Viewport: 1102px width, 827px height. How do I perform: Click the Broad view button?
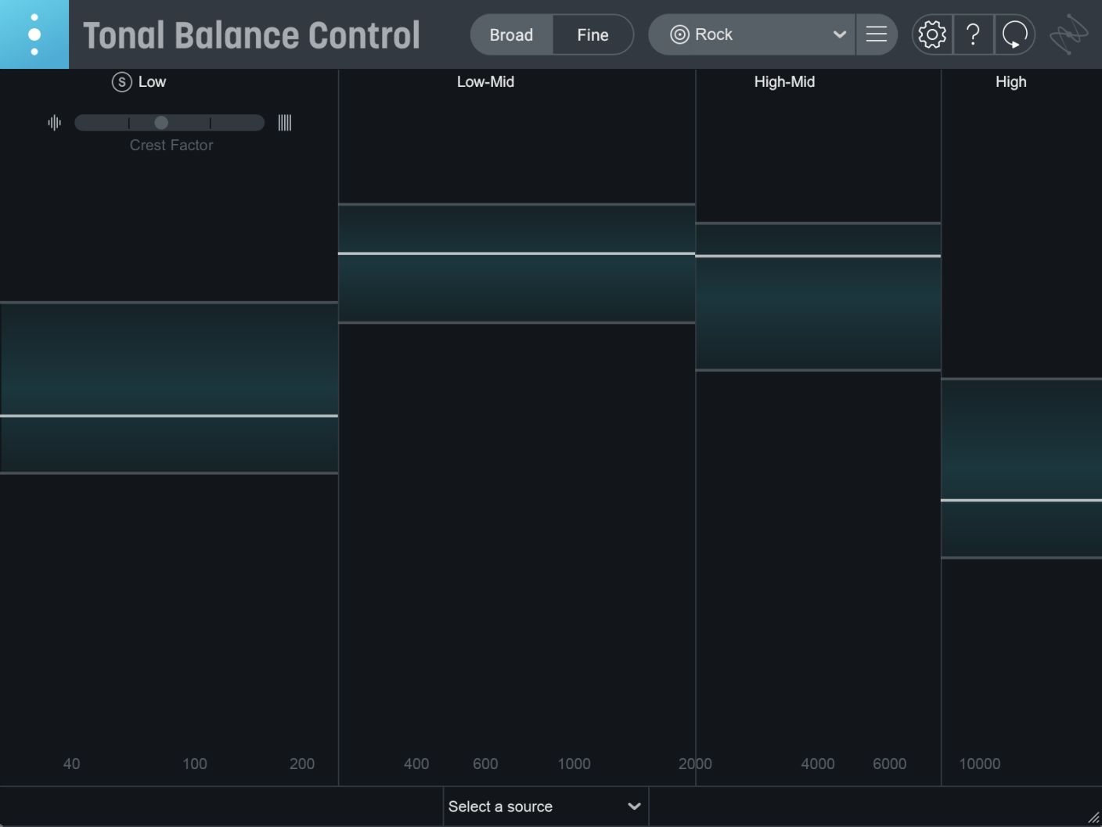(511, 35)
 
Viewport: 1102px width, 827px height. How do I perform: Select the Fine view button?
(592, 35)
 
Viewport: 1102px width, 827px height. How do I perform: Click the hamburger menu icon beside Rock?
(877, 34)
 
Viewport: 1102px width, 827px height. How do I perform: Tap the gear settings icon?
(932, 34)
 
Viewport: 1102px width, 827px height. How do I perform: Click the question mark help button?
(973, 34)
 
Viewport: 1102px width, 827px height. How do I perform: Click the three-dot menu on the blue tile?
(34, 34)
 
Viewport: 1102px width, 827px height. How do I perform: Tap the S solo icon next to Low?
(121, 82)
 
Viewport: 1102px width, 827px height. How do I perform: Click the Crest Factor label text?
(171, 146)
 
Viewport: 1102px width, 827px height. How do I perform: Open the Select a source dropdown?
(545, 807)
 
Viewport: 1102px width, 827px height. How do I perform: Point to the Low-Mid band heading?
(485, 82)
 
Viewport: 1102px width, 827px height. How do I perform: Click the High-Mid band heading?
(784, 82)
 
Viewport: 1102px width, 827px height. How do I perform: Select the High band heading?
(1010, 82)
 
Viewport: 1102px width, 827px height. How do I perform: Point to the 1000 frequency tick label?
(574, 764)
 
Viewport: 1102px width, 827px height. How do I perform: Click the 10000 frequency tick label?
(979, 764)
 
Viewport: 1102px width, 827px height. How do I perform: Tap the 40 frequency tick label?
(71, 764)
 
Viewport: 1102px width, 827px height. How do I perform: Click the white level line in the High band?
(1021, 500)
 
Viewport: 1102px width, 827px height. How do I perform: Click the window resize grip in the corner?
(1093, 818)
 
